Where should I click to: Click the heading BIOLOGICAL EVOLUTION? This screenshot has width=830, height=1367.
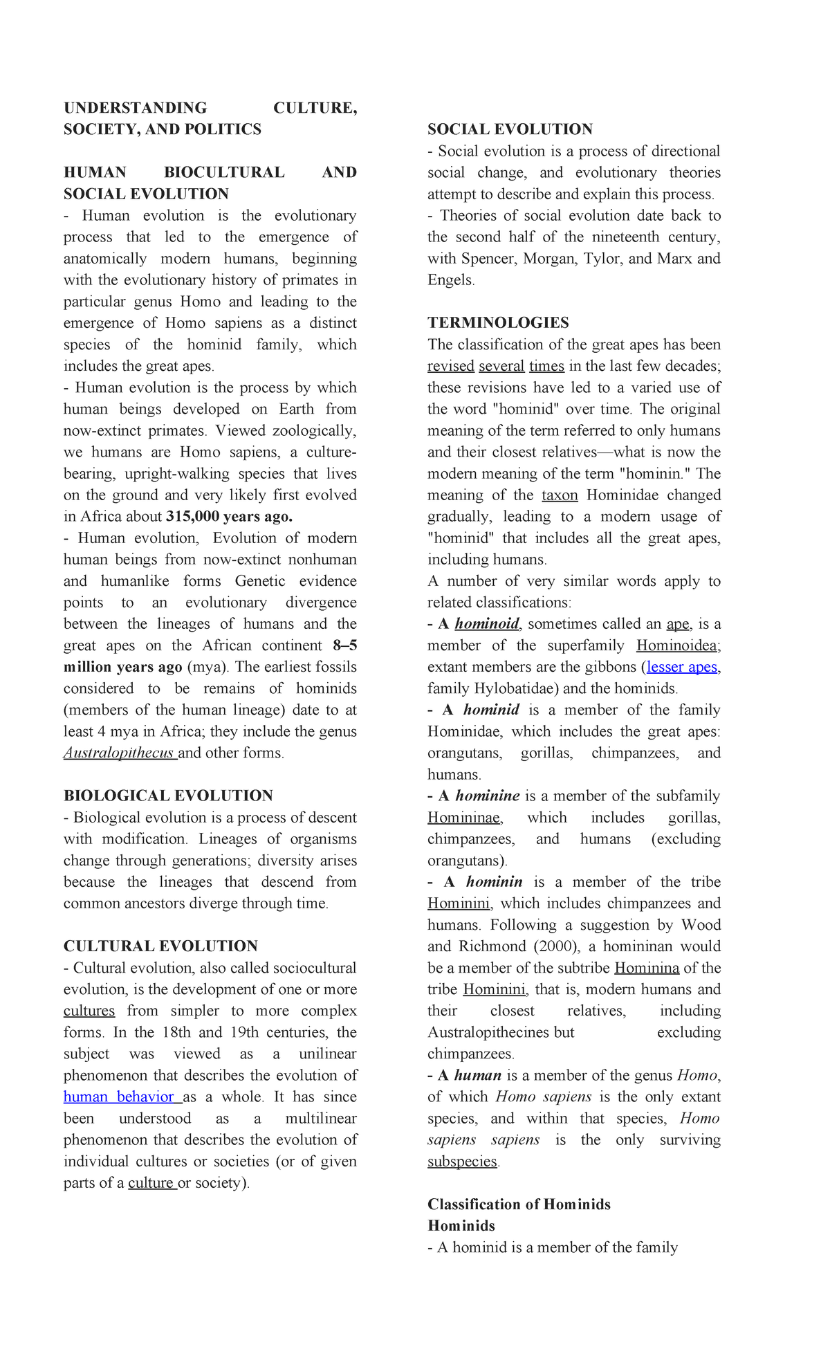(168, 796)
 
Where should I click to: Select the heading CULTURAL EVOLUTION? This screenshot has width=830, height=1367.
(160, 946)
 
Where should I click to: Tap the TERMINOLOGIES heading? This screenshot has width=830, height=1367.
(498, 322)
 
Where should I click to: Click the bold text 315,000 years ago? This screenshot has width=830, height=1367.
(230, 516)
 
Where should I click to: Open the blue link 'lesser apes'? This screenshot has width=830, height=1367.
(682, 667)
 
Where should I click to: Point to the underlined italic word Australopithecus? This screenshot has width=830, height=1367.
(119, 753)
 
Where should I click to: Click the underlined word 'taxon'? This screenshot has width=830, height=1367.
(560, 495)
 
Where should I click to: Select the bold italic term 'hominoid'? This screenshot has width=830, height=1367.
(487, 624)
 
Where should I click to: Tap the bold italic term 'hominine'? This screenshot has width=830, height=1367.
(488, 796)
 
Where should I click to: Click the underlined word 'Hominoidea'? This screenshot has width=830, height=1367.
(678, 645)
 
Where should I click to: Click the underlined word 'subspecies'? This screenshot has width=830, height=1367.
(462, 1161)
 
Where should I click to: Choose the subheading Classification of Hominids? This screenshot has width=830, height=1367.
(519, 1204)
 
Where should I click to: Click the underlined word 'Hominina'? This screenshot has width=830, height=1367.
(647, 968)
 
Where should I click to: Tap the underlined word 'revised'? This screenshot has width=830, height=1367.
(450, 365)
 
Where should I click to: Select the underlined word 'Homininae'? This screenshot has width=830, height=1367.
(464, 817)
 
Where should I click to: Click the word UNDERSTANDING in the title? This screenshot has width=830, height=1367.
(135, 108)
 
